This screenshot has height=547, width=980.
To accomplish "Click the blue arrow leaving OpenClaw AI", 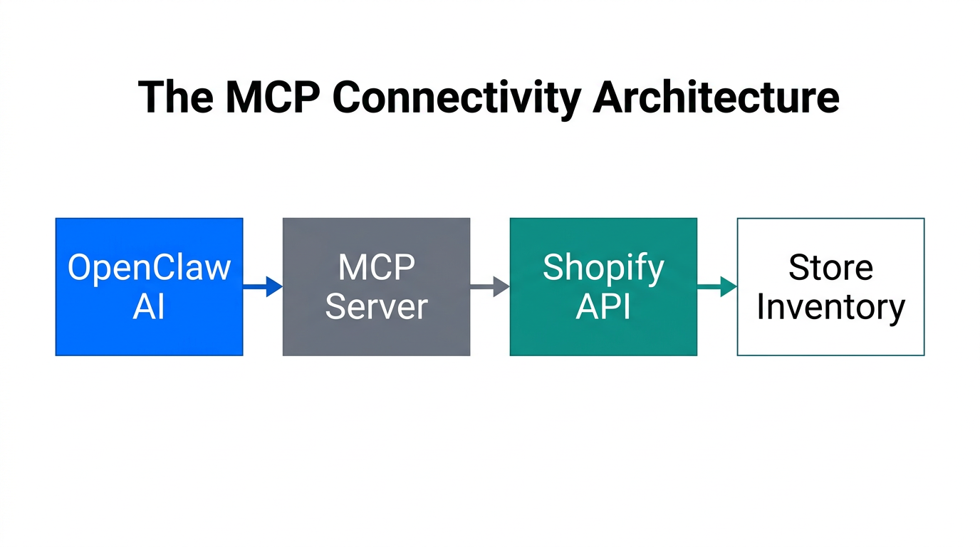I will [262, 287].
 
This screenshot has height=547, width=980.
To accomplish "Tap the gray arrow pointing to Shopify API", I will [489, 287].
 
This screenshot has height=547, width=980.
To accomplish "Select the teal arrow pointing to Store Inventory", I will [716, 287].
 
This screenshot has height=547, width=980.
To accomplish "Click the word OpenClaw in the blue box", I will [149, 268].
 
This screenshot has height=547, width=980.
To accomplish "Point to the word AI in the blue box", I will [149, 307].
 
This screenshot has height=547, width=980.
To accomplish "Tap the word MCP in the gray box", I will [376, 268].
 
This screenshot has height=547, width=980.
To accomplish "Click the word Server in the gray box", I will [376, 307].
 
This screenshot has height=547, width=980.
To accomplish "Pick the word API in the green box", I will [603, 307].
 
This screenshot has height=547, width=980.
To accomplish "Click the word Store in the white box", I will [830, 268].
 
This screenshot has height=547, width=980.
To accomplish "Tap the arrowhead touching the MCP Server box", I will [274, 287].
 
